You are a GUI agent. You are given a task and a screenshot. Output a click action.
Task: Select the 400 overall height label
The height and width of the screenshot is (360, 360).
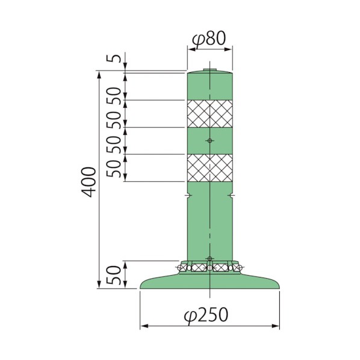point(89,182)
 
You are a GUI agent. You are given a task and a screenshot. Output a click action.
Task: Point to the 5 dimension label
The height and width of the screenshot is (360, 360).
point(113,58)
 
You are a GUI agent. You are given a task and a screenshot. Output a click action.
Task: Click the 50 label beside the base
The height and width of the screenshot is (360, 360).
point(114,275)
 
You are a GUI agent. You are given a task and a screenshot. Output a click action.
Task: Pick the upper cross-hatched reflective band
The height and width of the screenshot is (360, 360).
point(210,114)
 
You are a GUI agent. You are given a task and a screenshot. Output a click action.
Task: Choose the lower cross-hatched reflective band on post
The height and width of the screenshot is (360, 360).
point(210,168)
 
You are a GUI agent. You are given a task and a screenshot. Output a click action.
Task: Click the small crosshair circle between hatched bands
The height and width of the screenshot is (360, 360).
point(209,140)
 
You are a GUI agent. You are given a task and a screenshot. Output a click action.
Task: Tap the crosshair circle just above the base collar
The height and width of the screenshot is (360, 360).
point(209,258)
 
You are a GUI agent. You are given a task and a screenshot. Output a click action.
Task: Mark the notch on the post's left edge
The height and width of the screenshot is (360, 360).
point(188,195)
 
